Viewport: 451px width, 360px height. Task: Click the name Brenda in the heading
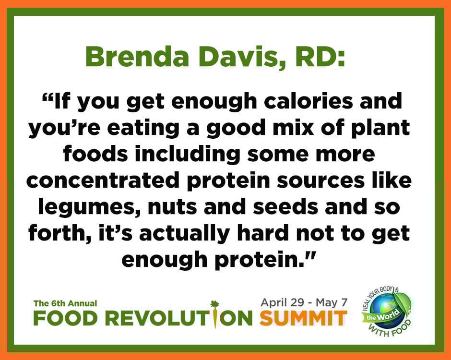[x=137, y=56]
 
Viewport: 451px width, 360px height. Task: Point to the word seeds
[x=285, y=206]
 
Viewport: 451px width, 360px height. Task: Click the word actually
[x=184, y=234]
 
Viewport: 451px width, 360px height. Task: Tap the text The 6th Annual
[x=65, y=303]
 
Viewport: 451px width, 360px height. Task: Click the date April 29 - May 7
[x=304, y=302]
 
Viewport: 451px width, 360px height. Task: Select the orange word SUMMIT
[x=303, y=318]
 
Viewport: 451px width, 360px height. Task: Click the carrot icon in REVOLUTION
[x=215, y=314]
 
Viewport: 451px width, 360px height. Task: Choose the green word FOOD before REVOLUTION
[x=65, y=319]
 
